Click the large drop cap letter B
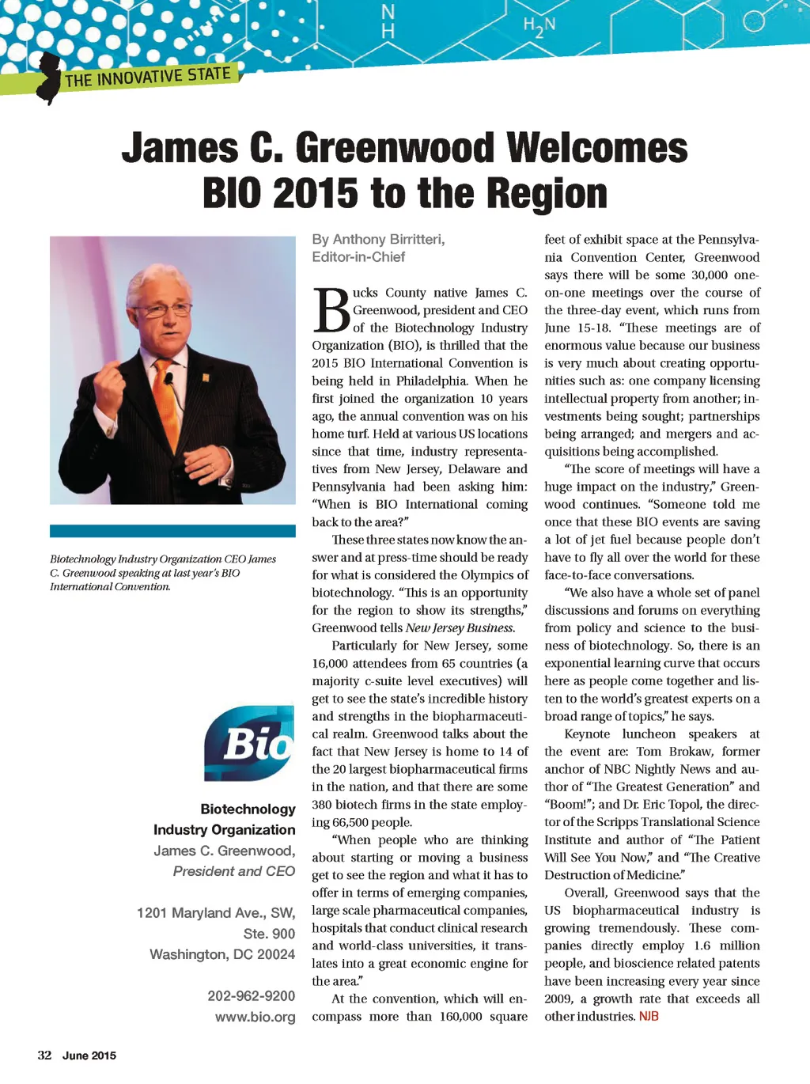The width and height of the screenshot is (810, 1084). tap(331, 311)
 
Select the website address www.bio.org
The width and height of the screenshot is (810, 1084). tap(255, 1017)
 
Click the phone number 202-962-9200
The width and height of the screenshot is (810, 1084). tap(251, 996)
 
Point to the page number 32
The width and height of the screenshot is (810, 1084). tap(44, 1056)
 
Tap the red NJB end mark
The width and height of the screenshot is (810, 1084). tap(649, 1017)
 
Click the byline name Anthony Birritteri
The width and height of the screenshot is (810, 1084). tap(388, 240)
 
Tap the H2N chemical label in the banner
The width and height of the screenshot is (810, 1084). tap(539, 27)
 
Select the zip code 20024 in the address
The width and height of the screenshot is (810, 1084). tap(275, 954)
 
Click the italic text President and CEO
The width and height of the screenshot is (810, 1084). tap(233, 871)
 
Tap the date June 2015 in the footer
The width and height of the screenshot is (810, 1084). tap(89, 1056)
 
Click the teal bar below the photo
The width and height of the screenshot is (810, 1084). tap(172, 531)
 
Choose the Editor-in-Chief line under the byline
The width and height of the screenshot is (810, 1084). tap(358, 257)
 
